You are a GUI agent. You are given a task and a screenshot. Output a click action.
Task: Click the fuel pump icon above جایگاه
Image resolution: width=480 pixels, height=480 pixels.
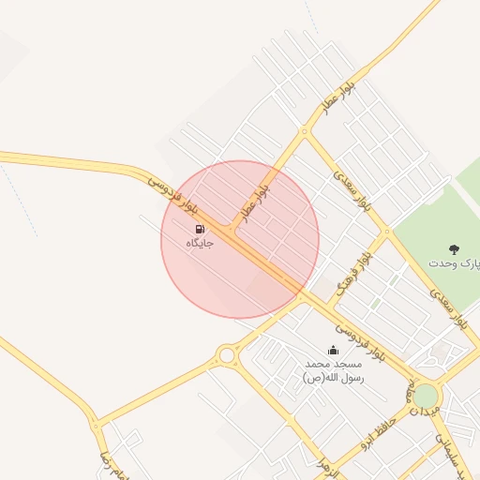[200, 229]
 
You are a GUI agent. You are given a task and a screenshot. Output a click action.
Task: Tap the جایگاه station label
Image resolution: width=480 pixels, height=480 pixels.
[200, 243]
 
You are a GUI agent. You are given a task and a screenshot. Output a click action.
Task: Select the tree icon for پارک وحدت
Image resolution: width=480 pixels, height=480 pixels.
[455, 249]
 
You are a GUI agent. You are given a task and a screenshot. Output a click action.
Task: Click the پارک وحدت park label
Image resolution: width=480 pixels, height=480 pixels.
[455, 263]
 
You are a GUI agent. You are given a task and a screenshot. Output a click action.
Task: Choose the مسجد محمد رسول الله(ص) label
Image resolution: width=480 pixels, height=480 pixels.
[332, 369]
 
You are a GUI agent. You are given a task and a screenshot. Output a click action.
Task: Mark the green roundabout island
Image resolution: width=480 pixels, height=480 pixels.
[427, 396]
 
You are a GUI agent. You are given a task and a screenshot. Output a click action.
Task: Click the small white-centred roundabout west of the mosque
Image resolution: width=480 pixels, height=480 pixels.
[226, 355]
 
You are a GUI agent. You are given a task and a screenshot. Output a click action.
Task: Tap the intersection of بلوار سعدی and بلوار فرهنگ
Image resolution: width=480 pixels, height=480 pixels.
[386, 231]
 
